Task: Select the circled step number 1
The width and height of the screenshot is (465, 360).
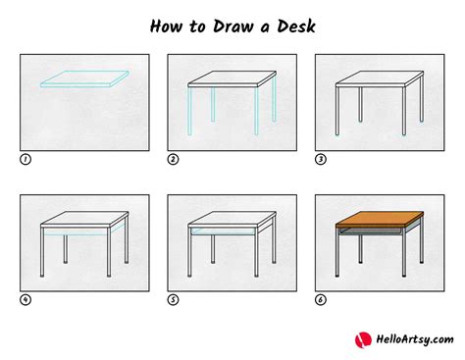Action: [24, 157]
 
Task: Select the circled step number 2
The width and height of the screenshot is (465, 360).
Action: [172, 157]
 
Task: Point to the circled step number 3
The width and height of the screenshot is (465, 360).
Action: [320, 157]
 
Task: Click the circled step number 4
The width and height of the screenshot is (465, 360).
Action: [24, 299]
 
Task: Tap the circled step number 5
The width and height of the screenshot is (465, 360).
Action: [172, 299]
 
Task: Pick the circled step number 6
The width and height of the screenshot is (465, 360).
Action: [320, 299]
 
